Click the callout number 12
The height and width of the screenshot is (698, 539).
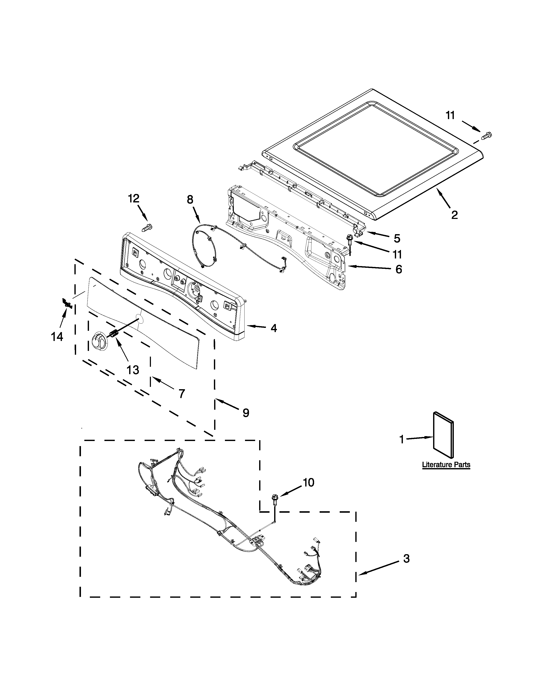point(134,199)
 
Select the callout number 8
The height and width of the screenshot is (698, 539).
point(190,200)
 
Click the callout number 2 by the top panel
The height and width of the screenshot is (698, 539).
point(454,214)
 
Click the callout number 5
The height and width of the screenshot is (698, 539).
point(397,238)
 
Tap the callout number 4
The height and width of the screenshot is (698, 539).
point(274,328)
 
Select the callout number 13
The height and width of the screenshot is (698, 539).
point(133,370)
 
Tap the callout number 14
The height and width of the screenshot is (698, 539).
point(57,337)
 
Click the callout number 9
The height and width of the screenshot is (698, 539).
point(246,413)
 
